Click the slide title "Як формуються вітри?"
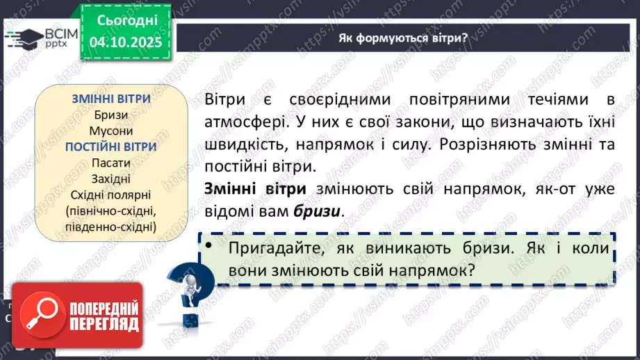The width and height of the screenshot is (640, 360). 402,38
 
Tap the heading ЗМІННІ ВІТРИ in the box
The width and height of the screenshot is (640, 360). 111,99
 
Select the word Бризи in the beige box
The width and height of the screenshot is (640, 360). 111,115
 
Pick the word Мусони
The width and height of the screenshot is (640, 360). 111,131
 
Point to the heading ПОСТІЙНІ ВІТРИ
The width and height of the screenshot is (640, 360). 111,147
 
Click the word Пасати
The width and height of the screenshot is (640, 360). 111,163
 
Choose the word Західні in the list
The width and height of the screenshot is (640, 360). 111,178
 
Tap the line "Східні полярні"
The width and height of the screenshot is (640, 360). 111,194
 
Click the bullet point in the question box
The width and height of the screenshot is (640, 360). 208,247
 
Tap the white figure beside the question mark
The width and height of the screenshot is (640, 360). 188,286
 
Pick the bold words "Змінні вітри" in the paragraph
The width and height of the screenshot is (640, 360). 256,188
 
